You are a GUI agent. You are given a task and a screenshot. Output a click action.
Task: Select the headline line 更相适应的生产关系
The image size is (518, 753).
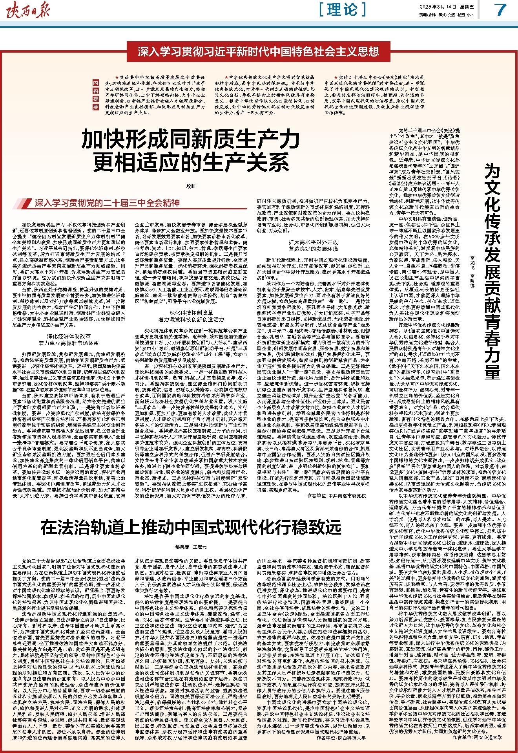click(188, 161)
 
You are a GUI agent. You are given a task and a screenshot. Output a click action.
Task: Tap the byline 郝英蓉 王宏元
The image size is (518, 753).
click(190, 547)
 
